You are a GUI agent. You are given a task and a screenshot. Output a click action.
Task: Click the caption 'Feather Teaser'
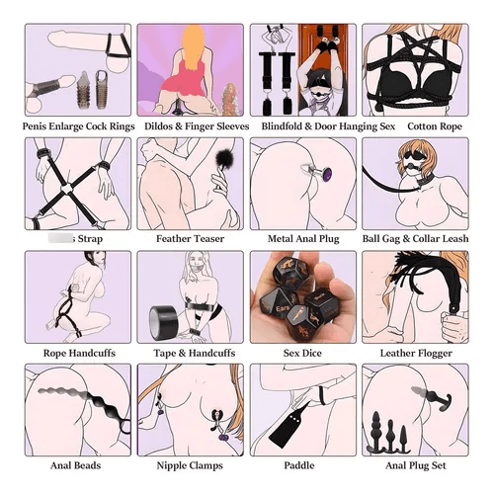(x=190, y=238)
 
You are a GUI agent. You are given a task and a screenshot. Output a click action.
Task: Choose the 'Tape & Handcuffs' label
(x=190, y=352)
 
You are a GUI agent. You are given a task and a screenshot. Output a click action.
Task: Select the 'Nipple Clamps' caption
(x=190, y=465)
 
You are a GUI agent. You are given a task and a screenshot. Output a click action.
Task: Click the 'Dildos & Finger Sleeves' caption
(x=190, y=125)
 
